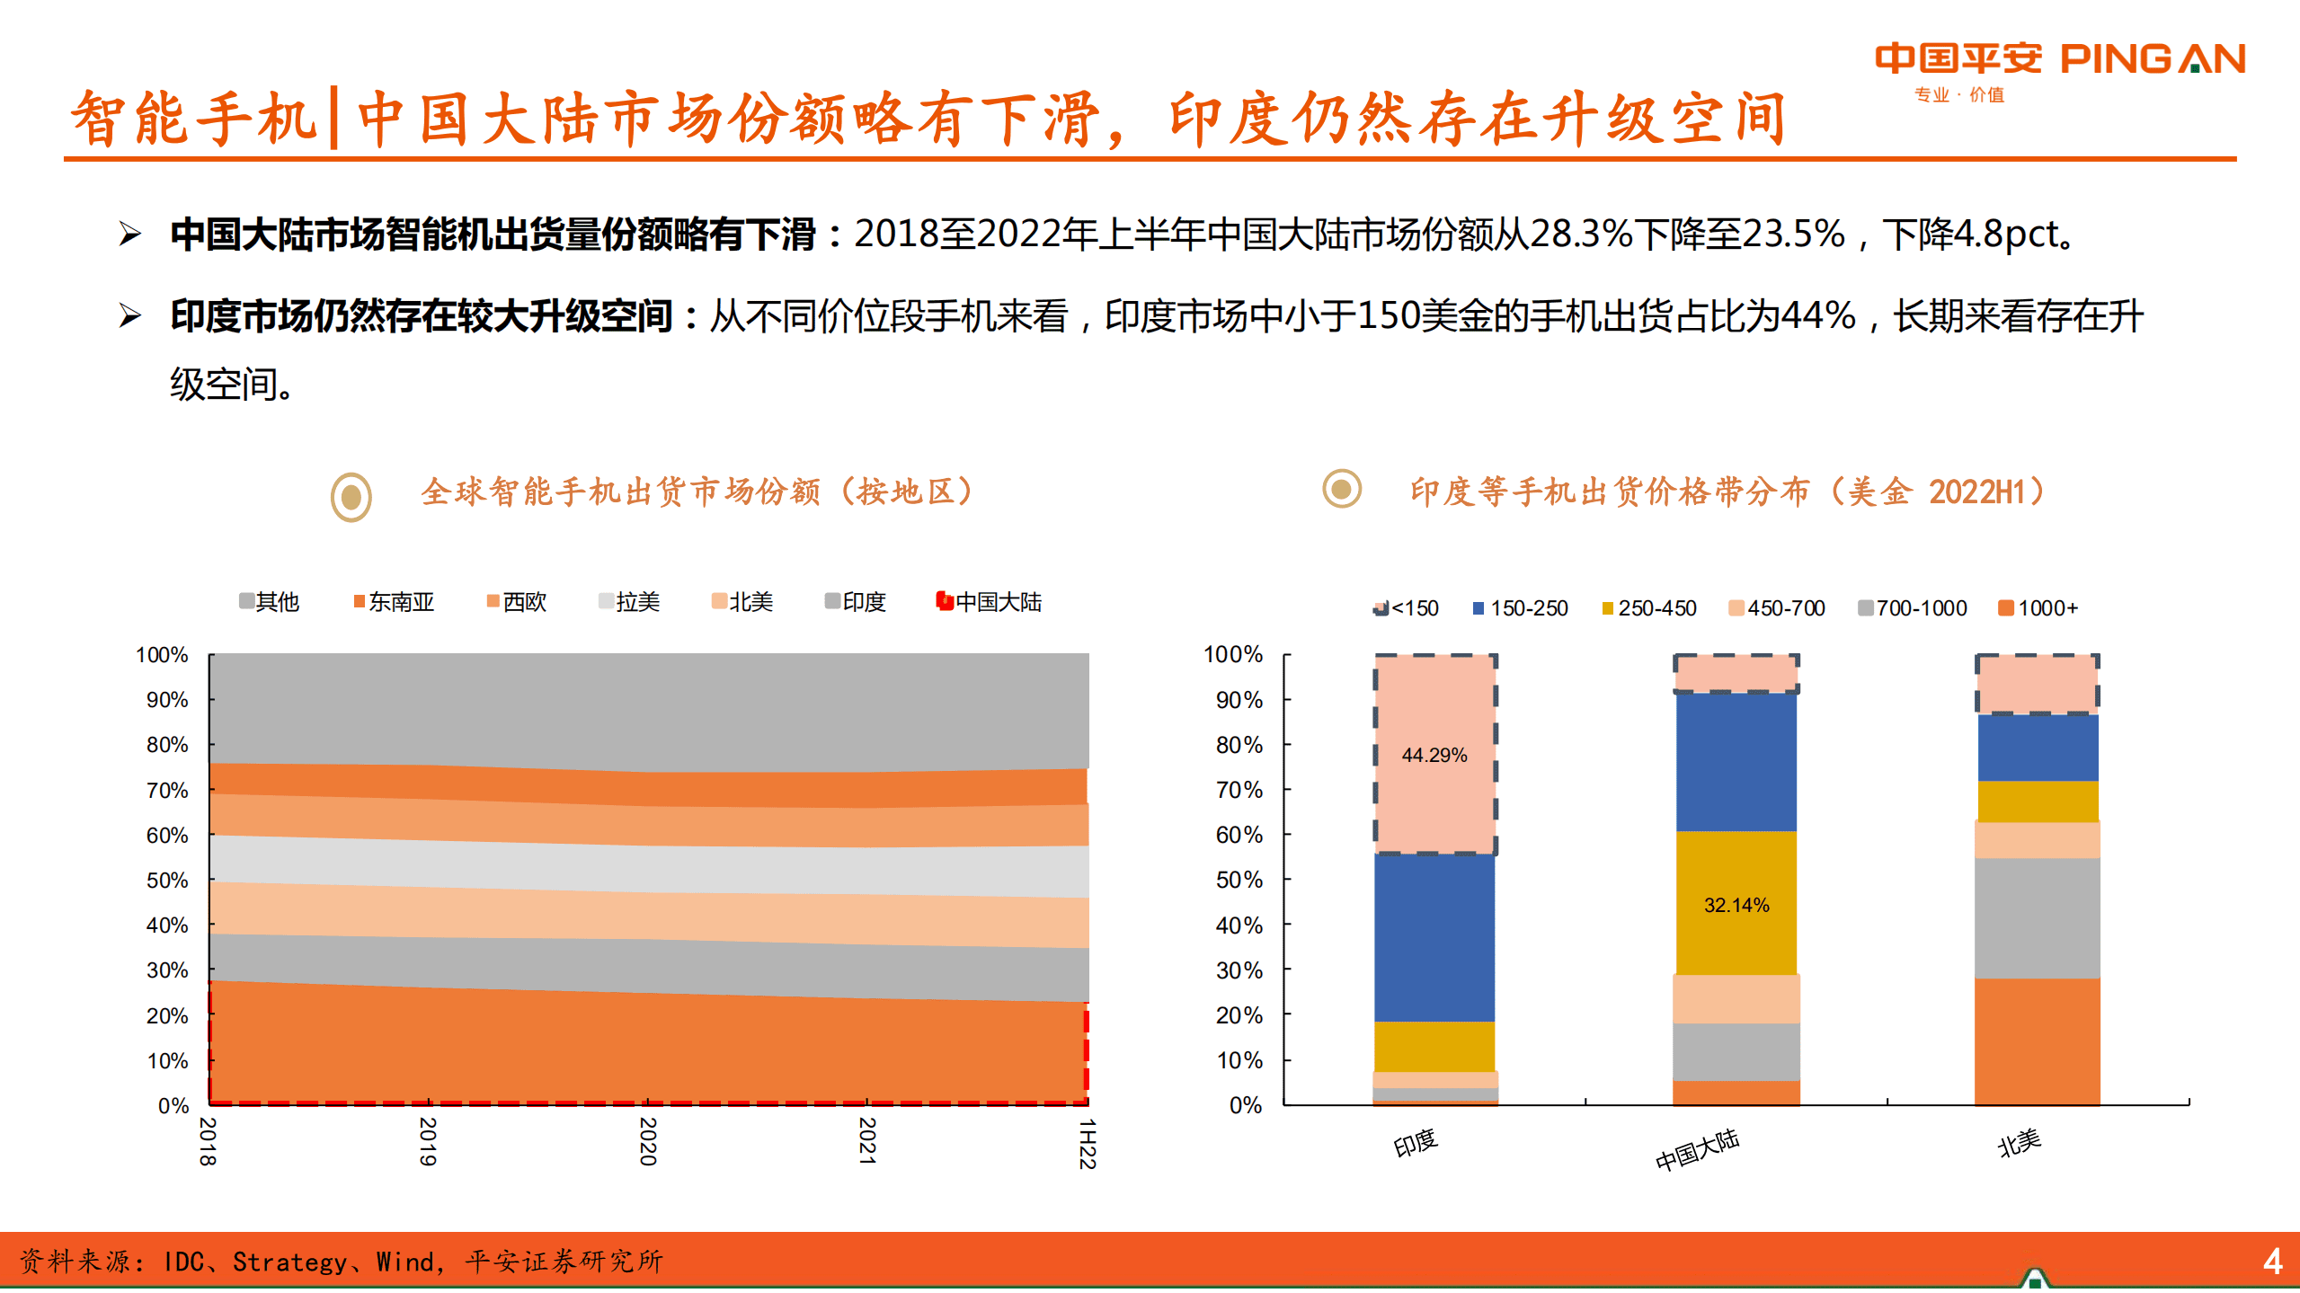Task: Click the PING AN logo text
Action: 2152,59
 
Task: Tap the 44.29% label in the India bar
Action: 1434,756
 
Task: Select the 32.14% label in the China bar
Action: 1736,906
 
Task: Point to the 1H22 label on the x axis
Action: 1087,1143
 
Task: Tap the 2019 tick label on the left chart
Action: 428,1141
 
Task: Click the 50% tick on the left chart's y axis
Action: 167,881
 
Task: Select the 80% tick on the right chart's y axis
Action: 1239,745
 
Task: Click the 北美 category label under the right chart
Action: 2019,1144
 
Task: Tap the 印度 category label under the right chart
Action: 1416,1144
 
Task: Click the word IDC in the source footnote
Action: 183,1262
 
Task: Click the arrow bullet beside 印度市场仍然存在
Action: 130,316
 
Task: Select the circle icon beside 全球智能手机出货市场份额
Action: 351,496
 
